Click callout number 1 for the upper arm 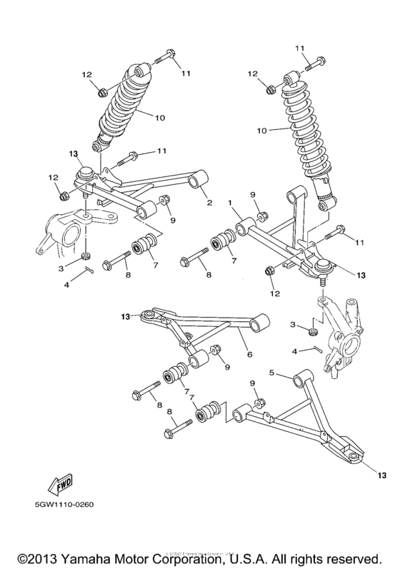(x=231, y=203)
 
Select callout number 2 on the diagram (x=209, y=202)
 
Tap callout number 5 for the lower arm (x=271, y=372)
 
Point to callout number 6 (x=249, y=354)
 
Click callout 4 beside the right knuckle (x=294, y=351)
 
